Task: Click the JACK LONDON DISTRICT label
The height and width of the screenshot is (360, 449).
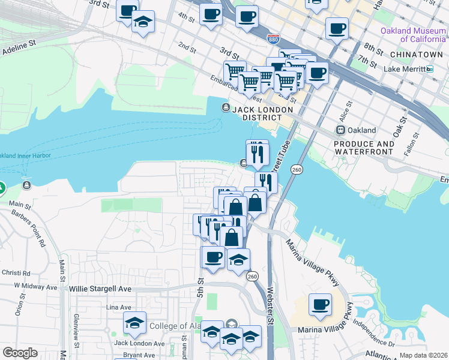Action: point(262,113)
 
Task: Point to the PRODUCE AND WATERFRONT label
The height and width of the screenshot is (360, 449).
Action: point(364,148)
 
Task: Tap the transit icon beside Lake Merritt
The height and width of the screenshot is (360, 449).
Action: point(430,70)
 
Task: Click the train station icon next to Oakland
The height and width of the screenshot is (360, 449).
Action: point(340,130)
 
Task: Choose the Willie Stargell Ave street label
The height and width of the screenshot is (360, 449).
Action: point(100,289)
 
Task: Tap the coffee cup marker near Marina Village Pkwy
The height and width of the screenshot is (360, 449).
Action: point(320,304)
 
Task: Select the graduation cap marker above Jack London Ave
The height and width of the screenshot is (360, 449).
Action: point(134,324)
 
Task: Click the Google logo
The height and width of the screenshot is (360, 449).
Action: point(20,353)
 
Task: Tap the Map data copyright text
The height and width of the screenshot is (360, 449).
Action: point(423,355)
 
